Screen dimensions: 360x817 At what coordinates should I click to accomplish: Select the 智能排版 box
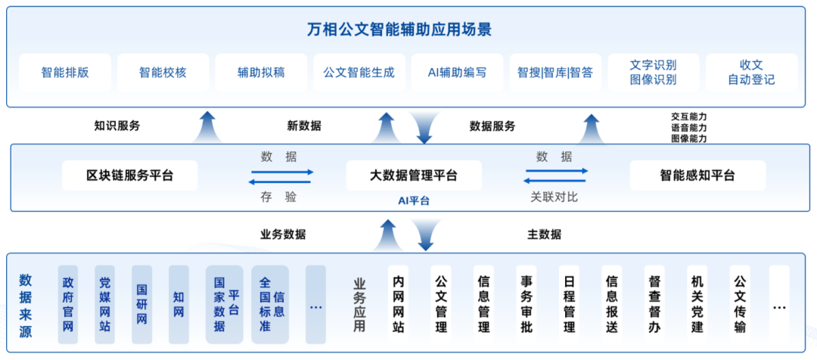[65, 73]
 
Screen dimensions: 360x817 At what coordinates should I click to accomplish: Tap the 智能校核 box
[163, 73]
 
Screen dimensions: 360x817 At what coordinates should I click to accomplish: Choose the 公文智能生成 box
[359, 73]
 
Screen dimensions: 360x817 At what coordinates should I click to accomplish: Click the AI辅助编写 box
[457, 73]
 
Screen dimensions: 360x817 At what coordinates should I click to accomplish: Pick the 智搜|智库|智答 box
[555, 73]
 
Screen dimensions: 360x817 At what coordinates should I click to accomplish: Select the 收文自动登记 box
[751, 73]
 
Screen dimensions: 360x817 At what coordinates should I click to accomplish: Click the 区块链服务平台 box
[129, 175]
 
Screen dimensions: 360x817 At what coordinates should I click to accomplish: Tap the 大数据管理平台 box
[414, 175]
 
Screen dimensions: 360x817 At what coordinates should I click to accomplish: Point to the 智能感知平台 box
[697, 175]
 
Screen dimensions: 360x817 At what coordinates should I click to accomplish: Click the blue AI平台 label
[414, 200]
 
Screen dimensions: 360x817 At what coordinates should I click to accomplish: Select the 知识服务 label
[117, 126]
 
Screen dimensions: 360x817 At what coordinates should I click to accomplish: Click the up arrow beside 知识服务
[207, 127]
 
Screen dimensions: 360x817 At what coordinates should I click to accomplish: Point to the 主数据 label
[544, 234]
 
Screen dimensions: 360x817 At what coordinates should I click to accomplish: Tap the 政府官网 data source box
[69, 304]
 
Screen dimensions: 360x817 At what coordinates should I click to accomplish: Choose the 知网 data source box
[179, 304]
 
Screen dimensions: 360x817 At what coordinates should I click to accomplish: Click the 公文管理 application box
[441, 304]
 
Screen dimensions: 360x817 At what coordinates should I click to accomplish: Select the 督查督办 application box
[655, 304]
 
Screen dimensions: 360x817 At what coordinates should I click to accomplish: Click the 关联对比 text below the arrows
[553, 197]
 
